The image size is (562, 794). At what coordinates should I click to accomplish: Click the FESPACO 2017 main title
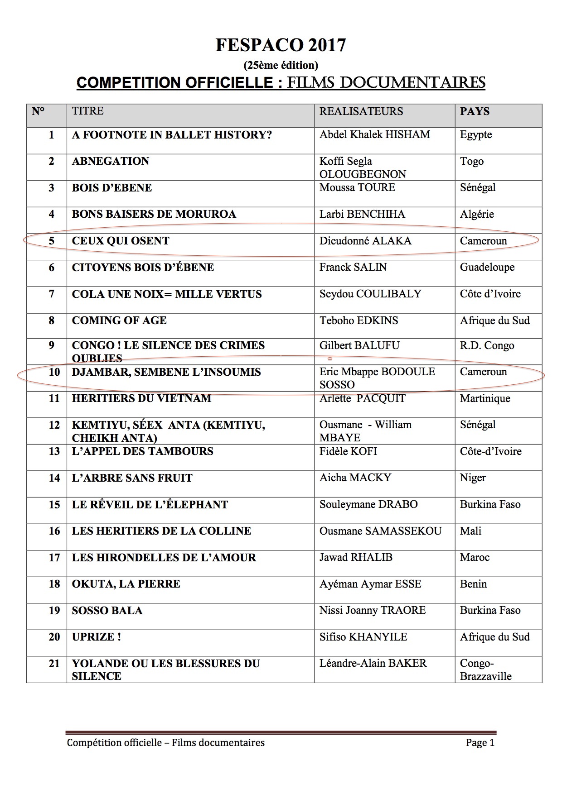tap(281, 45)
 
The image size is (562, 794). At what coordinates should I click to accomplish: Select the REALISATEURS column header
tap(361, 111)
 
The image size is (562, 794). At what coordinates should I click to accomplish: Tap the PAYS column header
tap(475, 111)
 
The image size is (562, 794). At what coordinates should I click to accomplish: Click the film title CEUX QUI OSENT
tap(121, 241)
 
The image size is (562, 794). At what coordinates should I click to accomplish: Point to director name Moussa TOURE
tap(357, 187)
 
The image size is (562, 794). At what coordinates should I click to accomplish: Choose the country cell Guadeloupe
tap(487, 267)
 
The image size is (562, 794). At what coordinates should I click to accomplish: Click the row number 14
tap(54, 478)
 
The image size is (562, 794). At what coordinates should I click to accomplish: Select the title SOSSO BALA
tap(107, 611)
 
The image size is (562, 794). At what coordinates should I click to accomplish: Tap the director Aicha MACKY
tap(355, 478)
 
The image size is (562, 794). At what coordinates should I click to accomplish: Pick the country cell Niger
tap(473, 478)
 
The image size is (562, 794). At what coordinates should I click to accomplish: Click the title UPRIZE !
tap(96, 637)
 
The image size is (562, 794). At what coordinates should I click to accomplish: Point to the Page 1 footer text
tap(480, 742)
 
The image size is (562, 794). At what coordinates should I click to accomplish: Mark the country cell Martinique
tap(485, 398)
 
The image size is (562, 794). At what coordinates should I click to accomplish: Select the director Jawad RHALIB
tap(356, 557)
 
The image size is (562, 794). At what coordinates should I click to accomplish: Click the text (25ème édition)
tap(281, 65)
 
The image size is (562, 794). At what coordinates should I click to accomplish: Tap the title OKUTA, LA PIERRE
tap(126, 584)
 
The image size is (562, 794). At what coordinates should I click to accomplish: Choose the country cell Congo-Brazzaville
tap(485, 670)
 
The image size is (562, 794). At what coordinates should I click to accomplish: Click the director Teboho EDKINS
tap(359, 320)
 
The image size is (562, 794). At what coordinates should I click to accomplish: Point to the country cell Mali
tap(470, 531)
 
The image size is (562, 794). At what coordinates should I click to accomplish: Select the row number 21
tap(54, 664)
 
